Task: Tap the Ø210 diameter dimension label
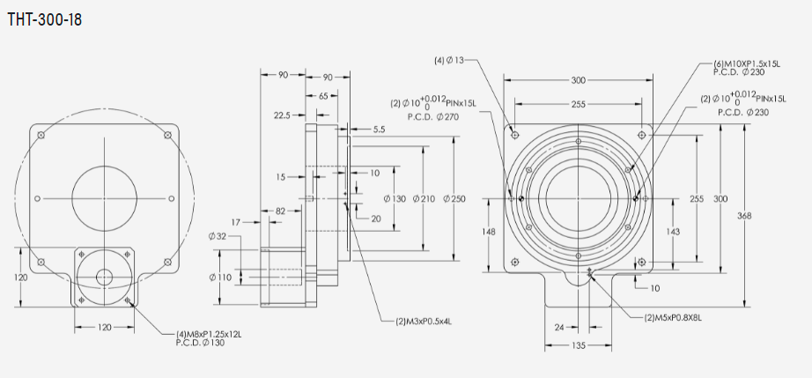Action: [424, 198]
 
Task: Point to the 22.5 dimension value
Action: [283, 115]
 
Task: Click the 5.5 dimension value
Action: [379, 130]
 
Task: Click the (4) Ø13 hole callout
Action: [448, 61]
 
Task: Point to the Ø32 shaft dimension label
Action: [218, 236]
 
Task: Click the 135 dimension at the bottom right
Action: [577, 345]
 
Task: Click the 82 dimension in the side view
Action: [280, 211]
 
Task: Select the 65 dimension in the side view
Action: [323, 95]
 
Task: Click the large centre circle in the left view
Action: [105, 197]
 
